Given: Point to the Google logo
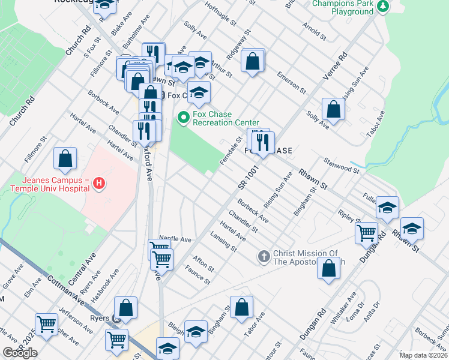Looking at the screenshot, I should pos(20,352).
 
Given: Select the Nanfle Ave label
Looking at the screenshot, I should pos(175,239).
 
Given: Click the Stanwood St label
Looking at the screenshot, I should pos(341,166).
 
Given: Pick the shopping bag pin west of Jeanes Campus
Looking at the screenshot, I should pos(65,159).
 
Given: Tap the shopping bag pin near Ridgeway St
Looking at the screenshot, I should pos(253,61).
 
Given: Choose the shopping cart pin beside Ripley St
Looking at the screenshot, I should pos(366,232).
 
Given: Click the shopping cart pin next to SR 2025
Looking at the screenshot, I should pos(46,324).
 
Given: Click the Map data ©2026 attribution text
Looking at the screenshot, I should pos(423,355).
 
